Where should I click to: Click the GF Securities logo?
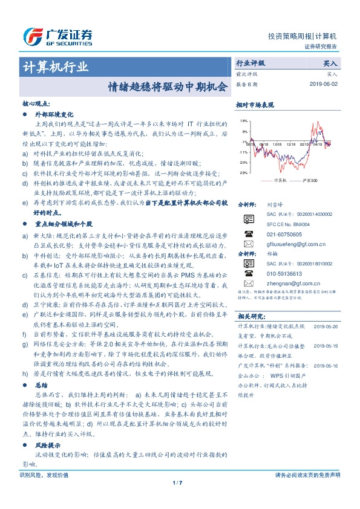(57, 36)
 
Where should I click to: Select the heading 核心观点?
(37, 103)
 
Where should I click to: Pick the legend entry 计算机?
(279, 180)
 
